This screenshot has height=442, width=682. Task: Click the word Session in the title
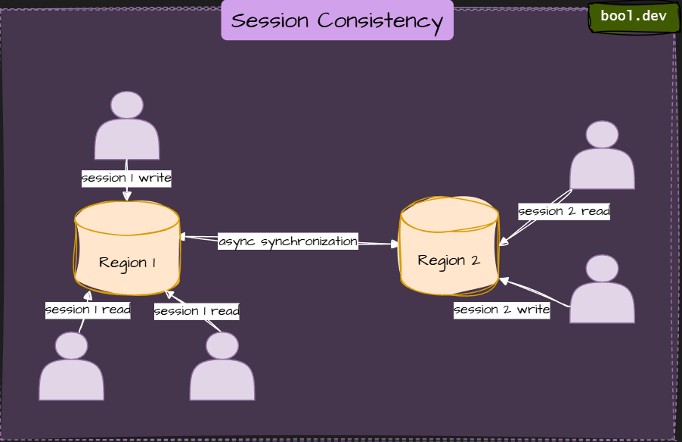[271, 20]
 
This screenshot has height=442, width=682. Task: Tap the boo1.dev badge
[634, 17]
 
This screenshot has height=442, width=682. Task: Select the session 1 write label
[127, 179]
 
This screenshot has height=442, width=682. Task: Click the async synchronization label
[288, 241]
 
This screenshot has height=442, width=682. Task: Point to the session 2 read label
[564, 211]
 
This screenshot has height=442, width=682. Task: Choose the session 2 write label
[501, 310]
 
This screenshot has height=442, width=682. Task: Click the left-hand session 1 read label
[88, 310]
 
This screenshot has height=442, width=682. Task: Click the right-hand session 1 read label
[197, 311]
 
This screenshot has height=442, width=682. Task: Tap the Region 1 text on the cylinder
[127, 263]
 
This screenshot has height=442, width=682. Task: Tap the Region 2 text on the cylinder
[449, 260]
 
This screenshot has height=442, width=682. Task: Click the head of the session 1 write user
[127, 105]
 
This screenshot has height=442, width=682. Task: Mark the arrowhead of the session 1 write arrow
[127, 196]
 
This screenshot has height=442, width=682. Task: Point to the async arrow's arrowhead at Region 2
[395, 244]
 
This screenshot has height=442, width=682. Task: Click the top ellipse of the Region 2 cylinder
[449, 214]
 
